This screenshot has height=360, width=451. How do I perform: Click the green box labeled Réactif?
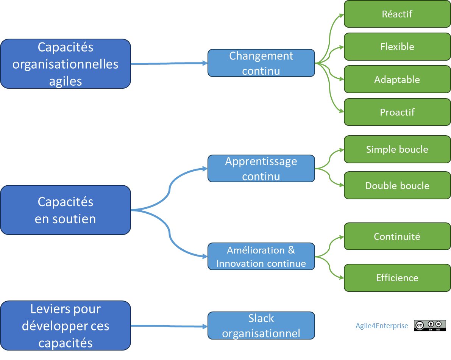tap(397, 14)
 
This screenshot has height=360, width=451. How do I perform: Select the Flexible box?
tap(397, 47)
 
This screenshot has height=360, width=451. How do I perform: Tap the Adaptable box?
tap(397, 80)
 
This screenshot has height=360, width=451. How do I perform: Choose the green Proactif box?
tap(397, 113)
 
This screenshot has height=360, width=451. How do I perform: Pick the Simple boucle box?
tap(397, 150)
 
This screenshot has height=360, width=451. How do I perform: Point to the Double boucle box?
tap(397, 186)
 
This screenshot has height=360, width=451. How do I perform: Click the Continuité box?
tap(397, 237)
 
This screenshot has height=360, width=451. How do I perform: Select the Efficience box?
tap(397, 278)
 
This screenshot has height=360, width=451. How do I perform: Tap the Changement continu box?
tap(261, 63)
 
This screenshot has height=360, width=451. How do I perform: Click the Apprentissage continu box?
tap(261, 169)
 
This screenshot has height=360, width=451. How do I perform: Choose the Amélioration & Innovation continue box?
tap(261, 257)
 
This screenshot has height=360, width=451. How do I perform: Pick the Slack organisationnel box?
tap(261, 326)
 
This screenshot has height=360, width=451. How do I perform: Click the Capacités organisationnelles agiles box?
tap(66, 64)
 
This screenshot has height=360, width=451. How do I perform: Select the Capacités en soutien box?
tap(66, 210)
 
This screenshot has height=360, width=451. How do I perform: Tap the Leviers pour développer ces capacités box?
tap(66, 326)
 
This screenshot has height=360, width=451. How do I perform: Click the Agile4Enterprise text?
tap(382, 326)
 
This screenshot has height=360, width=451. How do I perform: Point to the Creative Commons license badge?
tap(429, 326)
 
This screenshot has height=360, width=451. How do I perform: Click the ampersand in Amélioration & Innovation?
tap(291, 250)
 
